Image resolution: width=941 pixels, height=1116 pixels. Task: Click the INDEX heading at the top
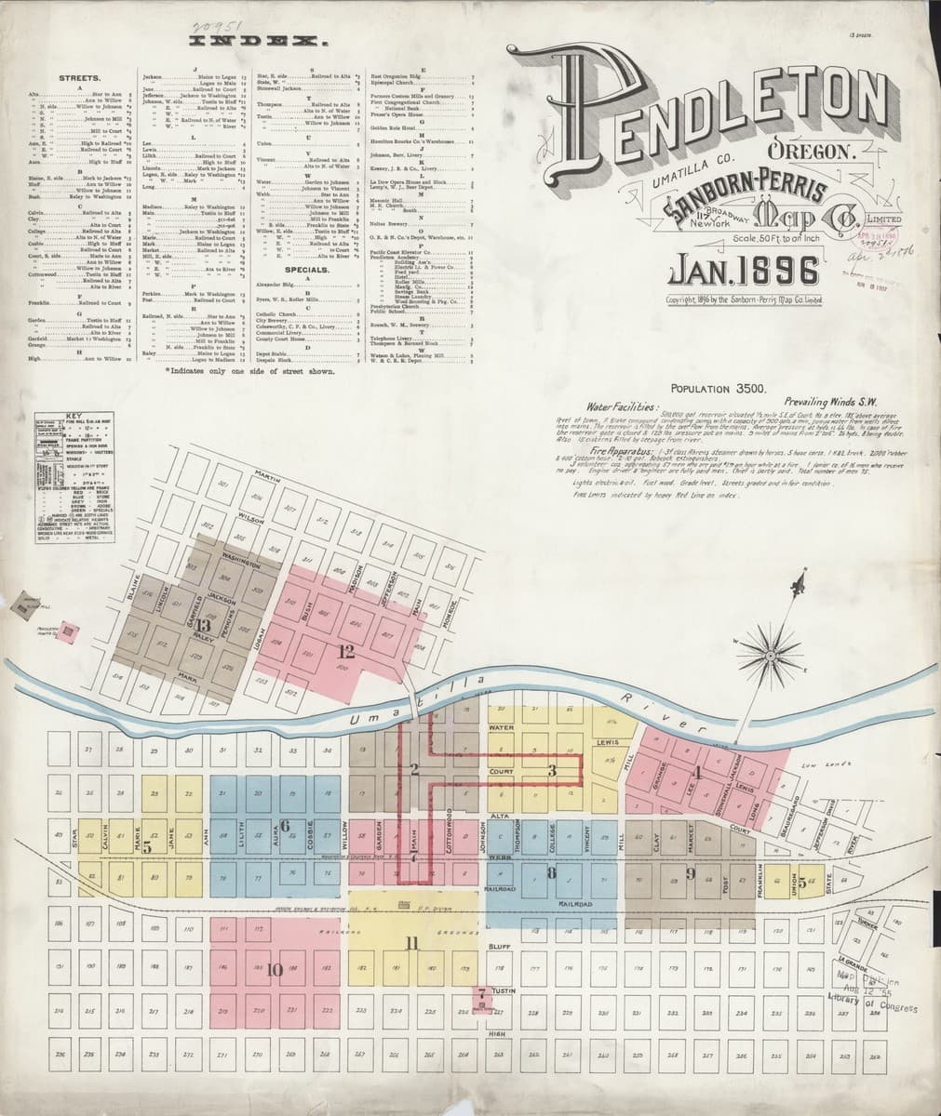coord(256,42)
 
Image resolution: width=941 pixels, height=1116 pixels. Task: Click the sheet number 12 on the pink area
coord(346,650)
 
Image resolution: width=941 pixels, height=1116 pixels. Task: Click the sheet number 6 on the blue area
coord(286,825)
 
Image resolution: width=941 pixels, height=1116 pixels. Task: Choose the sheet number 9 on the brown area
coord(691,872)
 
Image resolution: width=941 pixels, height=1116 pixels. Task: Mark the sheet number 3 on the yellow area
coord(552,769)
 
